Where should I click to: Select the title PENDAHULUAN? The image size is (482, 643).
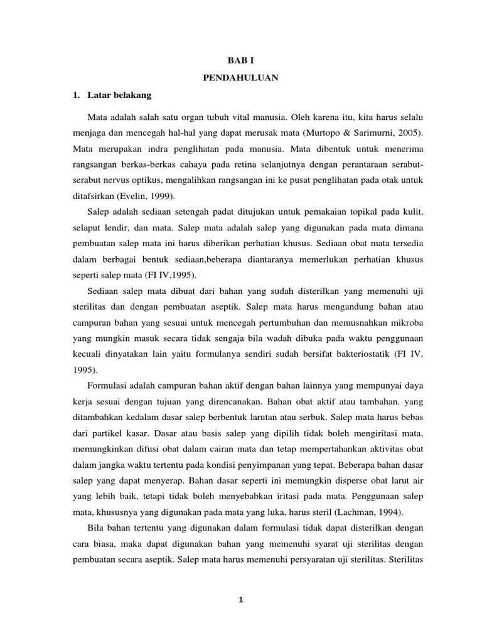pos(240,79)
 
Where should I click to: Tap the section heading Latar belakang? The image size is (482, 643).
pos(117,95)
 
